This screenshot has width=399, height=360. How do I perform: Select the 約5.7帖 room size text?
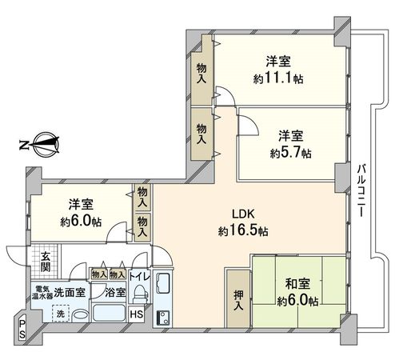tap(289, 152)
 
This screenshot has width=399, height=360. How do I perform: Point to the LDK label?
tap(242, 214)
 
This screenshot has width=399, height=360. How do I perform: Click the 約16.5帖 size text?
tap(242, 230)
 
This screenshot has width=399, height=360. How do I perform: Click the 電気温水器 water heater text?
tap(42, 292)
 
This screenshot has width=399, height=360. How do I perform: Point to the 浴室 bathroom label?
tap(115, 293)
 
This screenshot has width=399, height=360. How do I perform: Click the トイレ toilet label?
tap(138, 278)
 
